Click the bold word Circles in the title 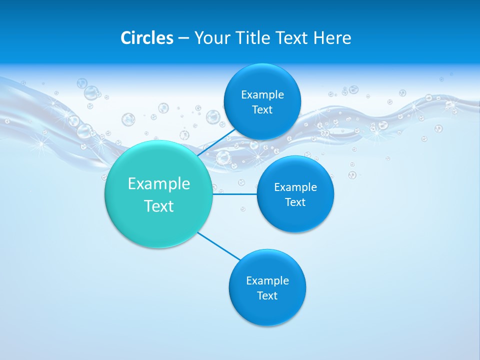coord(147,38)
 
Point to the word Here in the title coord(332,38)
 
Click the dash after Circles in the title coord(183,38)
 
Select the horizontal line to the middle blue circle coord(234,193)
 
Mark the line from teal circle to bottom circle coord(219,246)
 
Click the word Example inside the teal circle coord(158,183)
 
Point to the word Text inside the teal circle coord(158,206)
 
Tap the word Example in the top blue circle coord(262,94)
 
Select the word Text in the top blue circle coord(262,109)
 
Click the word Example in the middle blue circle coord(295,187)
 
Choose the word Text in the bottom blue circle coord(267,295)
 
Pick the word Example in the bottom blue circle coord(267,280)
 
